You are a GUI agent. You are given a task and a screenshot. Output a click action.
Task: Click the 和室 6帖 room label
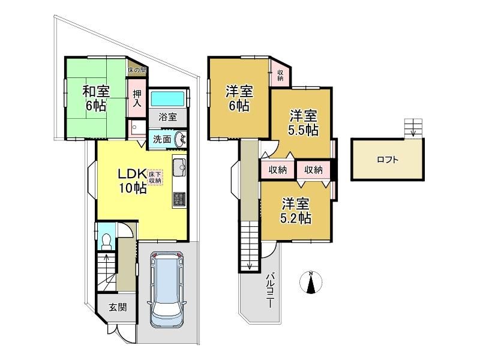tap(96, 98)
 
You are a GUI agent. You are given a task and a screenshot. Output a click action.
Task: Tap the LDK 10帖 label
tap(132, 181)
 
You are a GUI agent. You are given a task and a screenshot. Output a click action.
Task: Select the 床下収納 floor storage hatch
tap(155, 177)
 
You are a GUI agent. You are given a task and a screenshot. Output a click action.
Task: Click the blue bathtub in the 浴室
tap(167, 99)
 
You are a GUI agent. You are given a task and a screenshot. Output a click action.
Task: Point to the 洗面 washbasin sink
tap(181, 139)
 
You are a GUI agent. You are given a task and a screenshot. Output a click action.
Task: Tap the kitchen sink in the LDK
tap(179, 167)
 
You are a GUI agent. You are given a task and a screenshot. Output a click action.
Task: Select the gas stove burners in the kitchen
tap(179, 199)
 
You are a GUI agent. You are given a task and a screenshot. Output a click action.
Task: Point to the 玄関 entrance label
tap(118, 307)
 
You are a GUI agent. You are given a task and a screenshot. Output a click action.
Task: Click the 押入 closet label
tap(137, 98)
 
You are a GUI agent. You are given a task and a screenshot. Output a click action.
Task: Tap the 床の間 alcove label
tap(137, 70)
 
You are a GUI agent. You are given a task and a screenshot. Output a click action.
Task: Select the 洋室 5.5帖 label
tap(303, 123)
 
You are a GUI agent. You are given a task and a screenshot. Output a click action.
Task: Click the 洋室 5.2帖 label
tap(296, 211)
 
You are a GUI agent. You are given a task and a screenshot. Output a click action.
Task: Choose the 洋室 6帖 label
tap(239, 98)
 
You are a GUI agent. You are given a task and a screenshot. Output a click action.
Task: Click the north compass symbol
tap(311, 282)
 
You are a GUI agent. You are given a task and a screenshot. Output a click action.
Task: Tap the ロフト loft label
tap(388, 160)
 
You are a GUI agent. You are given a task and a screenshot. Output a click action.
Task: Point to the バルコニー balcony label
tap(270, 290)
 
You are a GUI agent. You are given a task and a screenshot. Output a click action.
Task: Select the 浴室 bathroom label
tap(167, 116)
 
